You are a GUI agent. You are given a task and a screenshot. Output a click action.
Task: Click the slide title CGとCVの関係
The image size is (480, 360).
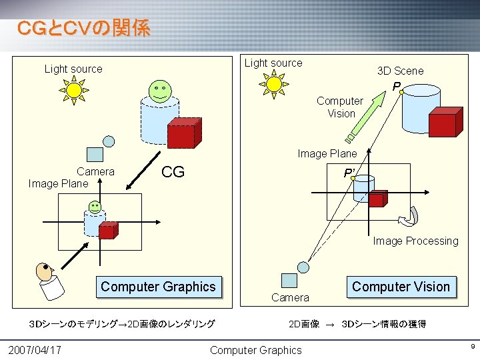point(83,28)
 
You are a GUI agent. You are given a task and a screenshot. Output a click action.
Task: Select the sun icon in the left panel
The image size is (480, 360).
point(73,90)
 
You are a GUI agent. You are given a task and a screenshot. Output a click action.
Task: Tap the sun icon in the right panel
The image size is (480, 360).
point(274,84)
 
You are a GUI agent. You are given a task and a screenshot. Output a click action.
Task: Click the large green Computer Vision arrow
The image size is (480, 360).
point(370,115)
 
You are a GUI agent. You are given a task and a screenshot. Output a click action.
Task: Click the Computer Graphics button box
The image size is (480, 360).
point(159,287)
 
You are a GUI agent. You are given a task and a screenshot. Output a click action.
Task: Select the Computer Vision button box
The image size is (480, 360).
point(401,287)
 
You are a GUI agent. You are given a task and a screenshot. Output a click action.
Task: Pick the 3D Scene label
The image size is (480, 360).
point(400,71)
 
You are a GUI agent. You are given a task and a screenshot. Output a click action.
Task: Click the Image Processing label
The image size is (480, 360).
point(415,241)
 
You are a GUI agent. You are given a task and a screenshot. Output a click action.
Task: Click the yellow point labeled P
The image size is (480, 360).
point(402,92)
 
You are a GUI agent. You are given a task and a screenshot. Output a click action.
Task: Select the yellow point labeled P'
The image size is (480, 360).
point(353,179)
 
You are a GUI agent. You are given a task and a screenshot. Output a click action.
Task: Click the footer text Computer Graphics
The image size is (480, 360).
point(255,350)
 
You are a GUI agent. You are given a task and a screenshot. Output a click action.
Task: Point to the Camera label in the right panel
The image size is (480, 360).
point(290,297)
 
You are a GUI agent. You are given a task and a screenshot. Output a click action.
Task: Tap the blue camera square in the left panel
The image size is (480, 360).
point(95,155)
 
